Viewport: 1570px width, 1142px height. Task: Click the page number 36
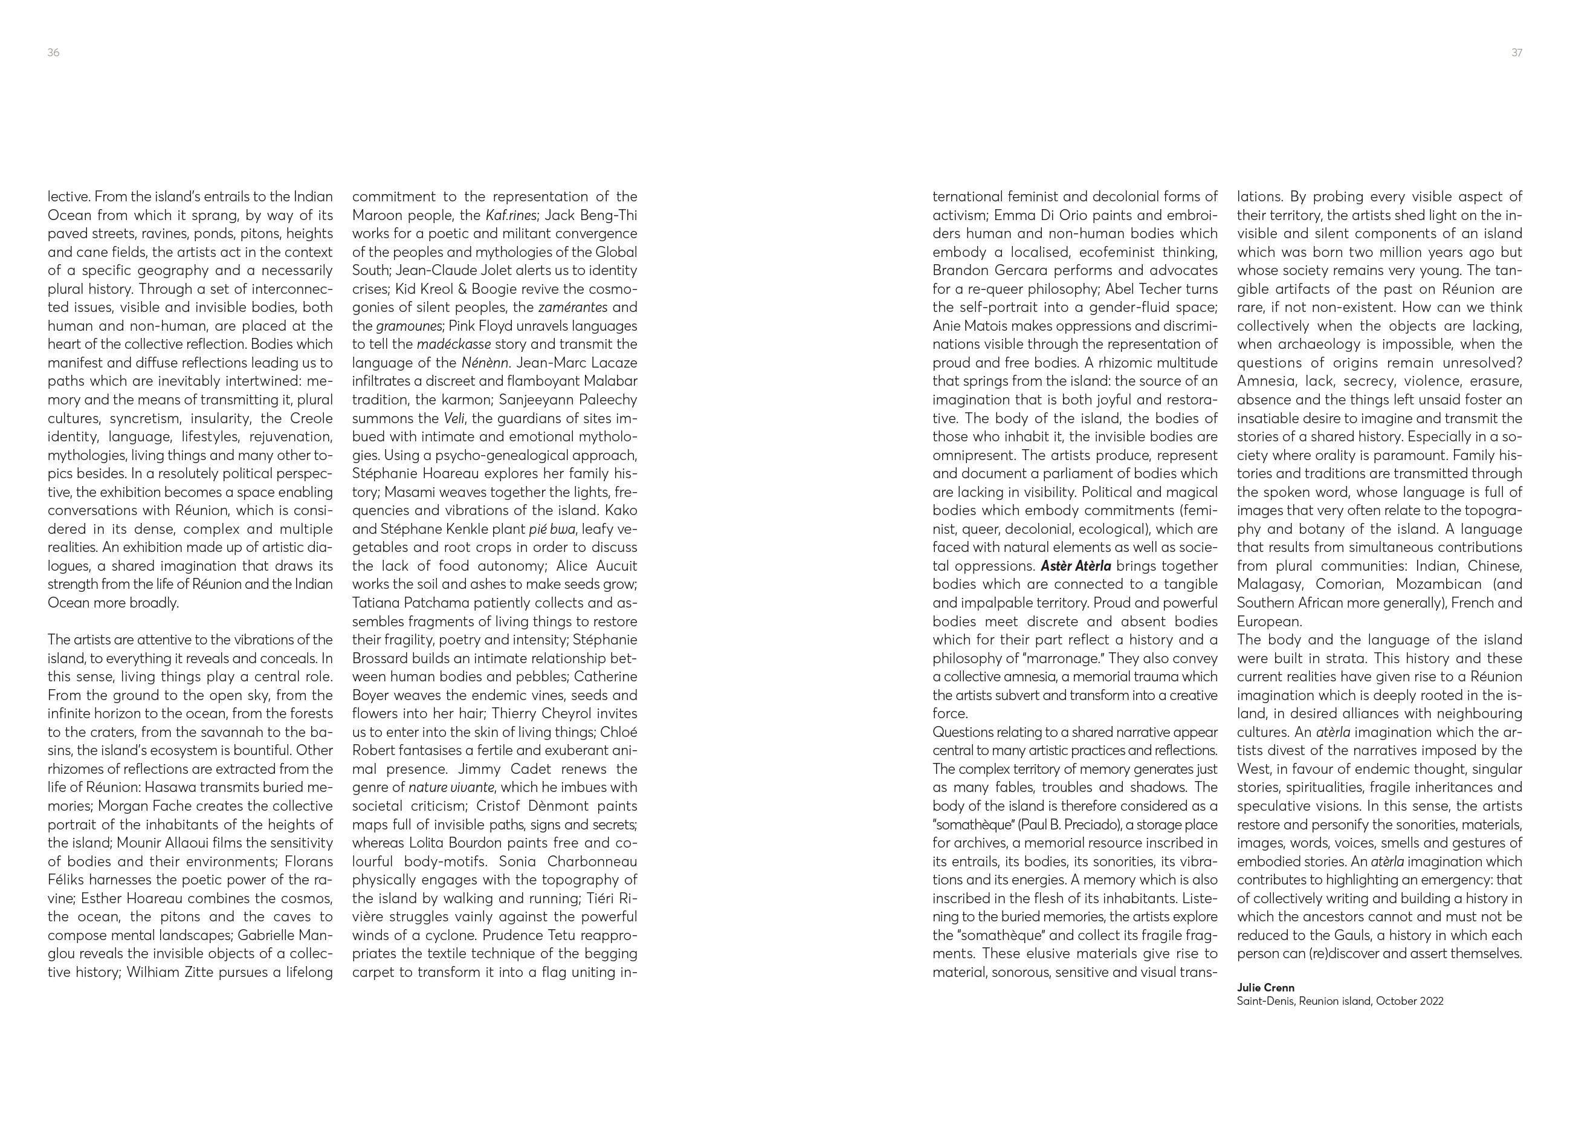pyautogui.click(x=53, y=53)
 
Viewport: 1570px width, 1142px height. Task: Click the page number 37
pyautogui.click(x=1516, y=53)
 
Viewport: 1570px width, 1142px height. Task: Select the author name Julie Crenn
pyautogui.click(x=1265, y=988)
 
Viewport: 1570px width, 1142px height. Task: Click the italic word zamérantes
pyautogui.click(x=572, y=308)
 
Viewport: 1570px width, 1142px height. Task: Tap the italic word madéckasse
pyautogui.click(x=453, y=344)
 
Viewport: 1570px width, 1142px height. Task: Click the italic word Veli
pyautogui.click(x=453, y=418)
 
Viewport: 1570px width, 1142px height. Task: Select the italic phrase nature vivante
pyautogui.click(x=451, y=787)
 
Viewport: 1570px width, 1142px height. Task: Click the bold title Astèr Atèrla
pyautogui.click(x=1075, y=566)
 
